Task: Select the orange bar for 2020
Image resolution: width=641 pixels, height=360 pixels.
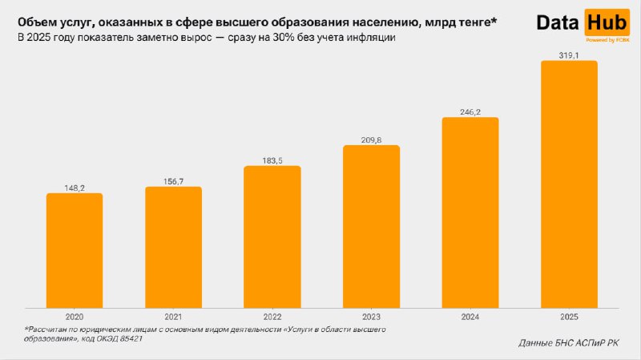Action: pos(75,250)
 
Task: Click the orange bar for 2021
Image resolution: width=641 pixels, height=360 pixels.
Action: pos(173,247)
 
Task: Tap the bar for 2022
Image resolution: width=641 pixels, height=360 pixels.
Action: pos(272,237)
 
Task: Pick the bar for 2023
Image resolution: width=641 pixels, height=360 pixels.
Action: pos(371,226)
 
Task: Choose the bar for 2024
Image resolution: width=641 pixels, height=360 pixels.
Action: pos(470,212)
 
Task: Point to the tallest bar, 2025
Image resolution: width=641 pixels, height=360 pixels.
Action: pos(569,184)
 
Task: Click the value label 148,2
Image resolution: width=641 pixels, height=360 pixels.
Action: pos(75,187)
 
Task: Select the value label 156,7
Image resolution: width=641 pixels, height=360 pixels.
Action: pos(173,181)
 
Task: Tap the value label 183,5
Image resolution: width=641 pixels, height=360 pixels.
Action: pos(272,160)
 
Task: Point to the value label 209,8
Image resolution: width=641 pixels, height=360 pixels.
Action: pos(371,140)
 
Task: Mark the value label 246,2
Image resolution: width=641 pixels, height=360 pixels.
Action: pos(470,112)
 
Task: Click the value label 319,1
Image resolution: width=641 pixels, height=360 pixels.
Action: pos(569,55)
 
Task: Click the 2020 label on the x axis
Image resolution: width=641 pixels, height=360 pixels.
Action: pos(75,317)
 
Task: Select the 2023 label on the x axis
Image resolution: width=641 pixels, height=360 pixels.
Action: pos(371,317)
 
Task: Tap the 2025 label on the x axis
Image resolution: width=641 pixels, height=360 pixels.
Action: pos(569,317)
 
